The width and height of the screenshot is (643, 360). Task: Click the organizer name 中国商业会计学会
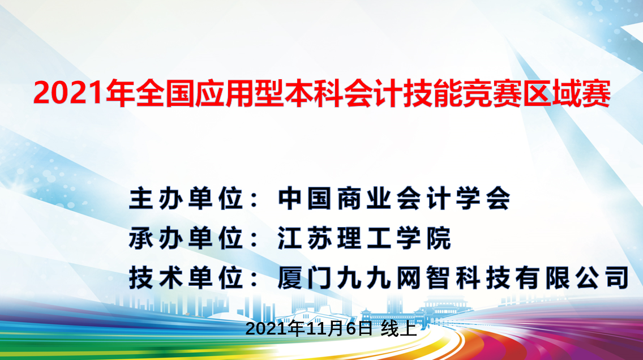pyautogui.click(x=395, y=199)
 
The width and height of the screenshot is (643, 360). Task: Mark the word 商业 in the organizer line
pyautogui.click(x=349, y=199)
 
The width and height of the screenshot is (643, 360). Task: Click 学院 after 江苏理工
pyautogui.click(x=428, y=239)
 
